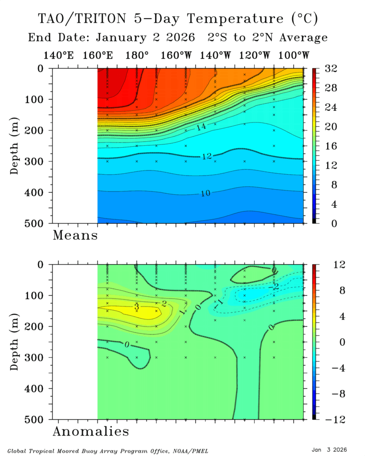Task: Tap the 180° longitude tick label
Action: (137, 55)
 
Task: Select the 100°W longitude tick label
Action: (295, 55)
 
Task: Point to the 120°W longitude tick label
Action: (255, 55)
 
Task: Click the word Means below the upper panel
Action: (75, 235)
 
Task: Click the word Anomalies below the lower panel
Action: (91, 431)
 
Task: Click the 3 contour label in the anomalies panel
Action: (137, 306)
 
